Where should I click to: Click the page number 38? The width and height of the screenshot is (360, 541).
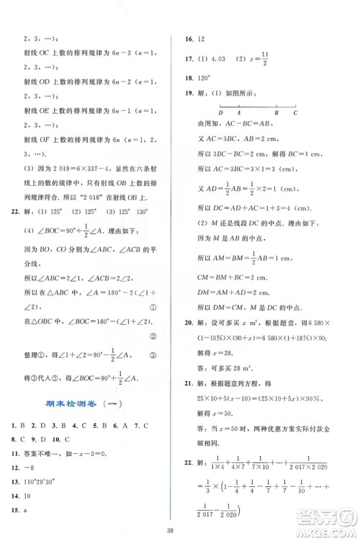pyautogui.click(x=179, y=524)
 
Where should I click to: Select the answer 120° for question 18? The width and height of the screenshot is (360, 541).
pyautogui.click(x=204, y=77)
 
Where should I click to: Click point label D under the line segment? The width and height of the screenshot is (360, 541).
pyautogui.click(x=220, y=114)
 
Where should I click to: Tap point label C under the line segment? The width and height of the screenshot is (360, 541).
pyautogui.click(x=294, y=114)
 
